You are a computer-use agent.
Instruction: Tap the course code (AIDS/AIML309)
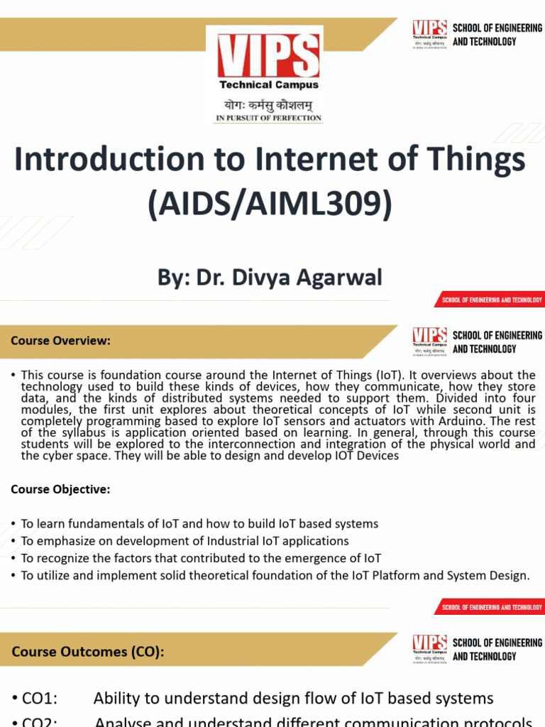(x=270, y=204)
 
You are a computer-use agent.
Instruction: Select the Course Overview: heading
(x=60, y=341)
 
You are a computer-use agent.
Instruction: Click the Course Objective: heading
(x=60, y=489)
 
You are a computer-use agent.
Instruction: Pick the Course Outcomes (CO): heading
(x=88, y=651)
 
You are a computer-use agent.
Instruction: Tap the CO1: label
(x=40, y=699)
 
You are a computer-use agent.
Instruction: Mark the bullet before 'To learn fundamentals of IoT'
(x=13, y=524)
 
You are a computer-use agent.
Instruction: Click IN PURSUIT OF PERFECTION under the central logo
(x=268, y=118)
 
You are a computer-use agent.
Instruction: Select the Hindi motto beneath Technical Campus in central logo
(x=268, y=104)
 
